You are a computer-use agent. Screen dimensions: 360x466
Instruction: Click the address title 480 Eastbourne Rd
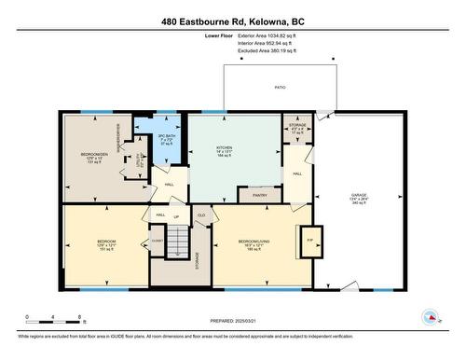pos(232,21)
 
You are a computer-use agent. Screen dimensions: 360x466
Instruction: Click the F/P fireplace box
pos(308,240)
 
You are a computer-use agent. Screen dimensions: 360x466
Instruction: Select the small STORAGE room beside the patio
pos(295,127)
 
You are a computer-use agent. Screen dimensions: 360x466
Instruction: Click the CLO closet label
pos(200,215)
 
